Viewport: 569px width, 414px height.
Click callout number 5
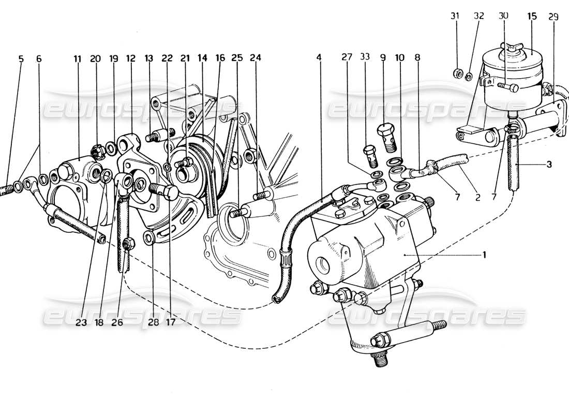coord(21,59)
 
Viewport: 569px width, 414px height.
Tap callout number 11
coord(78,59)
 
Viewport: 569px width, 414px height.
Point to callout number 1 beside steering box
coord(484,255)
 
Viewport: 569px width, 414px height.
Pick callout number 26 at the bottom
coord(117,322)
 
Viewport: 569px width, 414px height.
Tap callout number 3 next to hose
coord(549,165)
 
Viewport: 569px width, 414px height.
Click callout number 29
coord(553,17)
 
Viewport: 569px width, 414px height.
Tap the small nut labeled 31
coord(457,72)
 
